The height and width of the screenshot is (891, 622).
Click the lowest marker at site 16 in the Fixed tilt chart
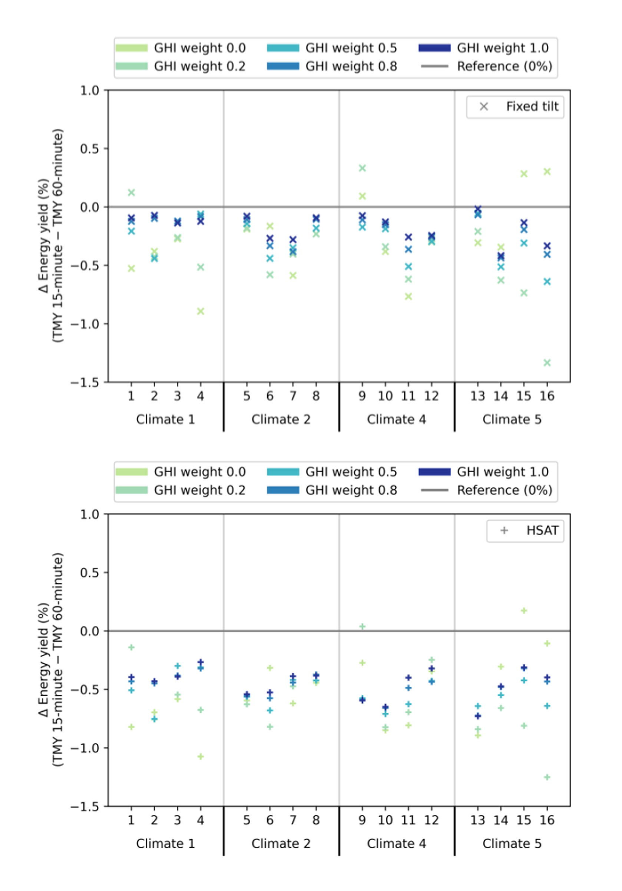[547, 363]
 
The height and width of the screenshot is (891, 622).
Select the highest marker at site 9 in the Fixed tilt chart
[362, 168]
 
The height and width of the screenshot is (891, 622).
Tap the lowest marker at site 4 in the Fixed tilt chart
[201, 311]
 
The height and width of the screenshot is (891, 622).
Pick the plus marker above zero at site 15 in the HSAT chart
[524, 611]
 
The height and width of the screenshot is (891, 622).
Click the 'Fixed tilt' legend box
[515, 107]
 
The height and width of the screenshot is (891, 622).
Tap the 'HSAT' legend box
[525, 530]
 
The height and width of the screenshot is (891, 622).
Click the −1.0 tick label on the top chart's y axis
[85, 324]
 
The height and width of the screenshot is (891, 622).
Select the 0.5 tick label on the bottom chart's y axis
[90, 572]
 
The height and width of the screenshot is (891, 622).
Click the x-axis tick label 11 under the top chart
[408, 396]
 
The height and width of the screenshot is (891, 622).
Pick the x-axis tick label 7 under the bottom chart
[293, 820]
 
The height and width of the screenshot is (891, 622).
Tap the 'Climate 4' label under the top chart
[396, 420]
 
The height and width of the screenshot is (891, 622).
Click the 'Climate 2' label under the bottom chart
[281, 843]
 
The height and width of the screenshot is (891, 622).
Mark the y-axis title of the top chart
[50, 236]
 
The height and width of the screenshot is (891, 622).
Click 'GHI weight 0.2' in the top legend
[200, 66]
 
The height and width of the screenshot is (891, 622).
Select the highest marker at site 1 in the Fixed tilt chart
[132, 193]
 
